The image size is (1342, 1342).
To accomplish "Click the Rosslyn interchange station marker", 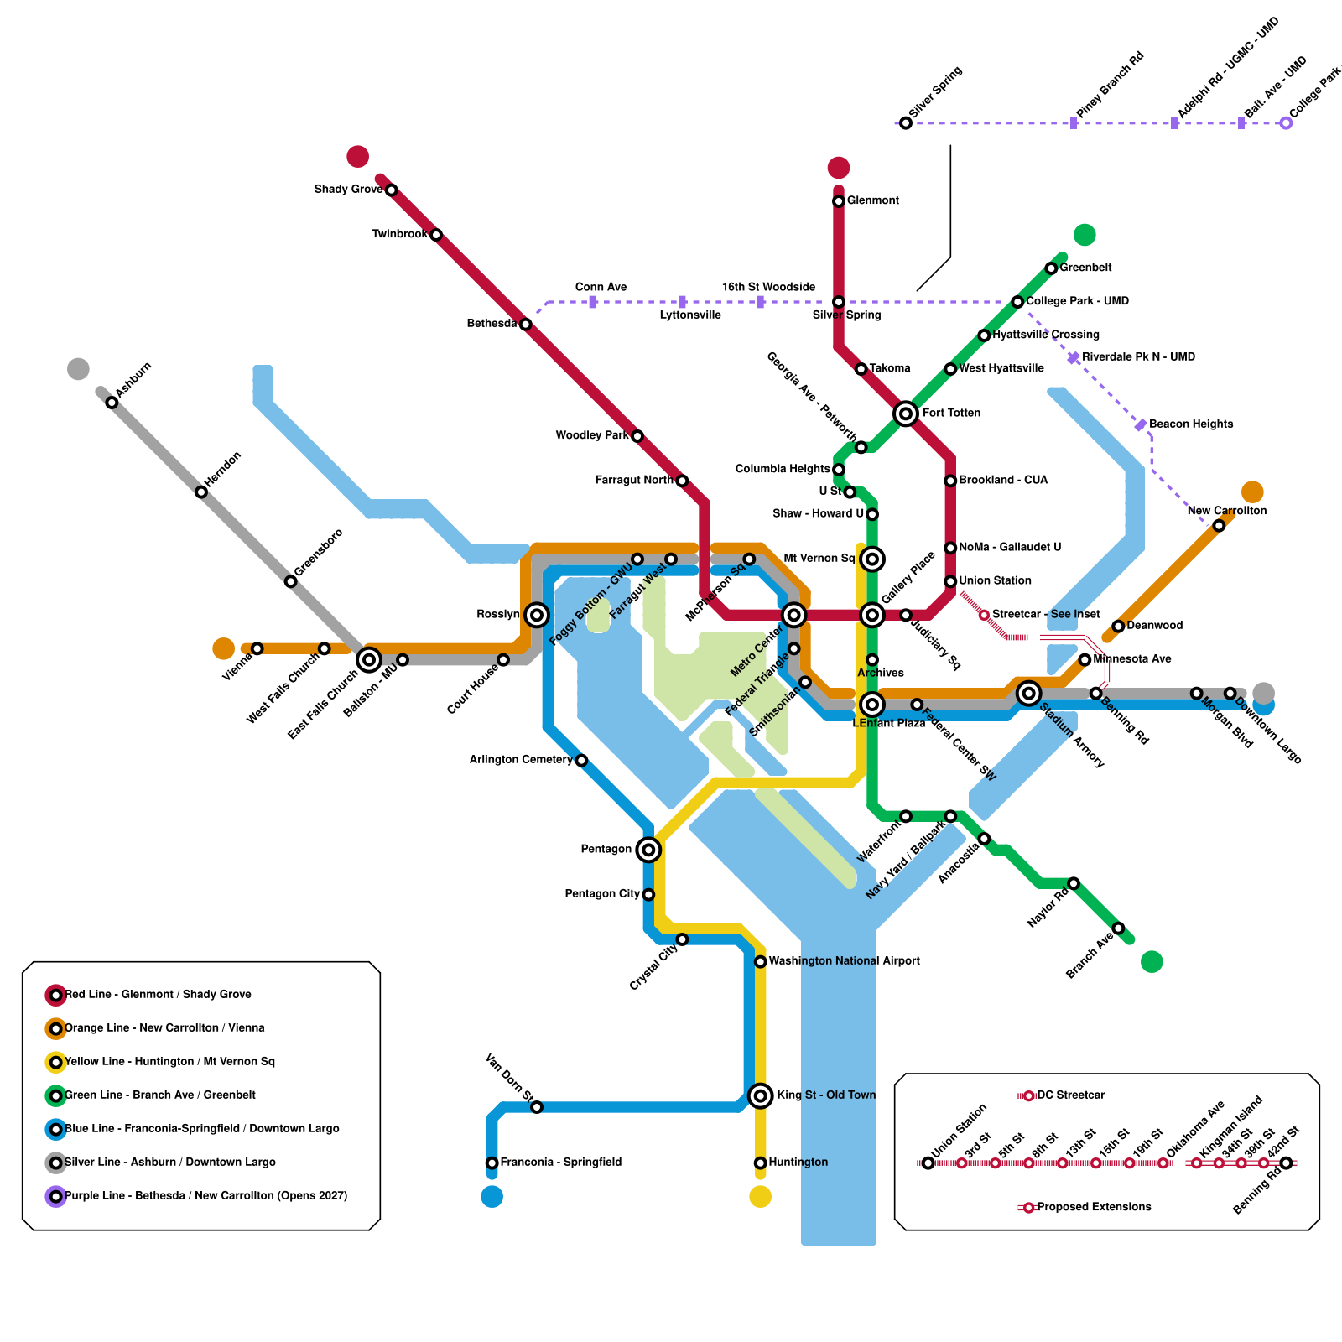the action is pyautogui.click(x=537, y=615).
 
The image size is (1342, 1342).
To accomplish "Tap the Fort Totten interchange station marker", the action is pyautogui.click(x=905, y=414).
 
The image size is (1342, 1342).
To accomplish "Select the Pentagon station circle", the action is pyautogui.click(x=648, y=850).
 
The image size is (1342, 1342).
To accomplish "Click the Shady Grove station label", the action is pyautogui.click(x=348, y=190).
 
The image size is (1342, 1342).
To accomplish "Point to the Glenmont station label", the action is pyautogui.click(x=873, y=200).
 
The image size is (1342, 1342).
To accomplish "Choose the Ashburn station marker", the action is pyautogui.click(x=112, y=403).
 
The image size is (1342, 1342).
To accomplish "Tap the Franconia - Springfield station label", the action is pyautogui.click(x=561, y=1163).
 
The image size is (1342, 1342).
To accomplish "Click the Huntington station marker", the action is pyautogui.click(x=760, y=1163).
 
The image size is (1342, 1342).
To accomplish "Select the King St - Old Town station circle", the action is pyautogui.click(x=760, y=1095).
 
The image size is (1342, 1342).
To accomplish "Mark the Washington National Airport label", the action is pyautogui.click(x=844, y=961).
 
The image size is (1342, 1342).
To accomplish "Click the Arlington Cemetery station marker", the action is pyautogui.click(x=581, y=761).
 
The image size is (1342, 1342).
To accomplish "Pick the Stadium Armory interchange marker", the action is pyautogui.click(x=1028, y=693).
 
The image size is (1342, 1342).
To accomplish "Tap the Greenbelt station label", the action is pyautogui.click(x=1086, y=268).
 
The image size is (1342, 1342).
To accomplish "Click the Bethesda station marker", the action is pyautogui.click(x=525, y=325).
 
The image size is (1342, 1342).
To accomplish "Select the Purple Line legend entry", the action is pyautogui.click(x=205, y=1196).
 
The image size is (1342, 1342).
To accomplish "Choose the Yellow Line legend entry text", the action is pyautogui.click(x=170, y=1062).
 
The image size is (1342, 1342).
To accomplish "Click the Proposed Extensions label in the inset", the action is pyautogui.click(x=1094, y=1207).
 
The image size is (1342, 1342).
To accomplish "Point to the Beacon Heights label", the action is pyautogui.click(x=1191, y=424).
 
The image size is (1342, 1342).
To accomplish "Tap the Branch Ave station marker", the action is pyautogui.click(x=1118, y=928).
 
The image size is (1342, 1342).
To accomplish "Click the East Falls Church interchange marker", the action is pyautogui.click(x=369, y=660).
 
